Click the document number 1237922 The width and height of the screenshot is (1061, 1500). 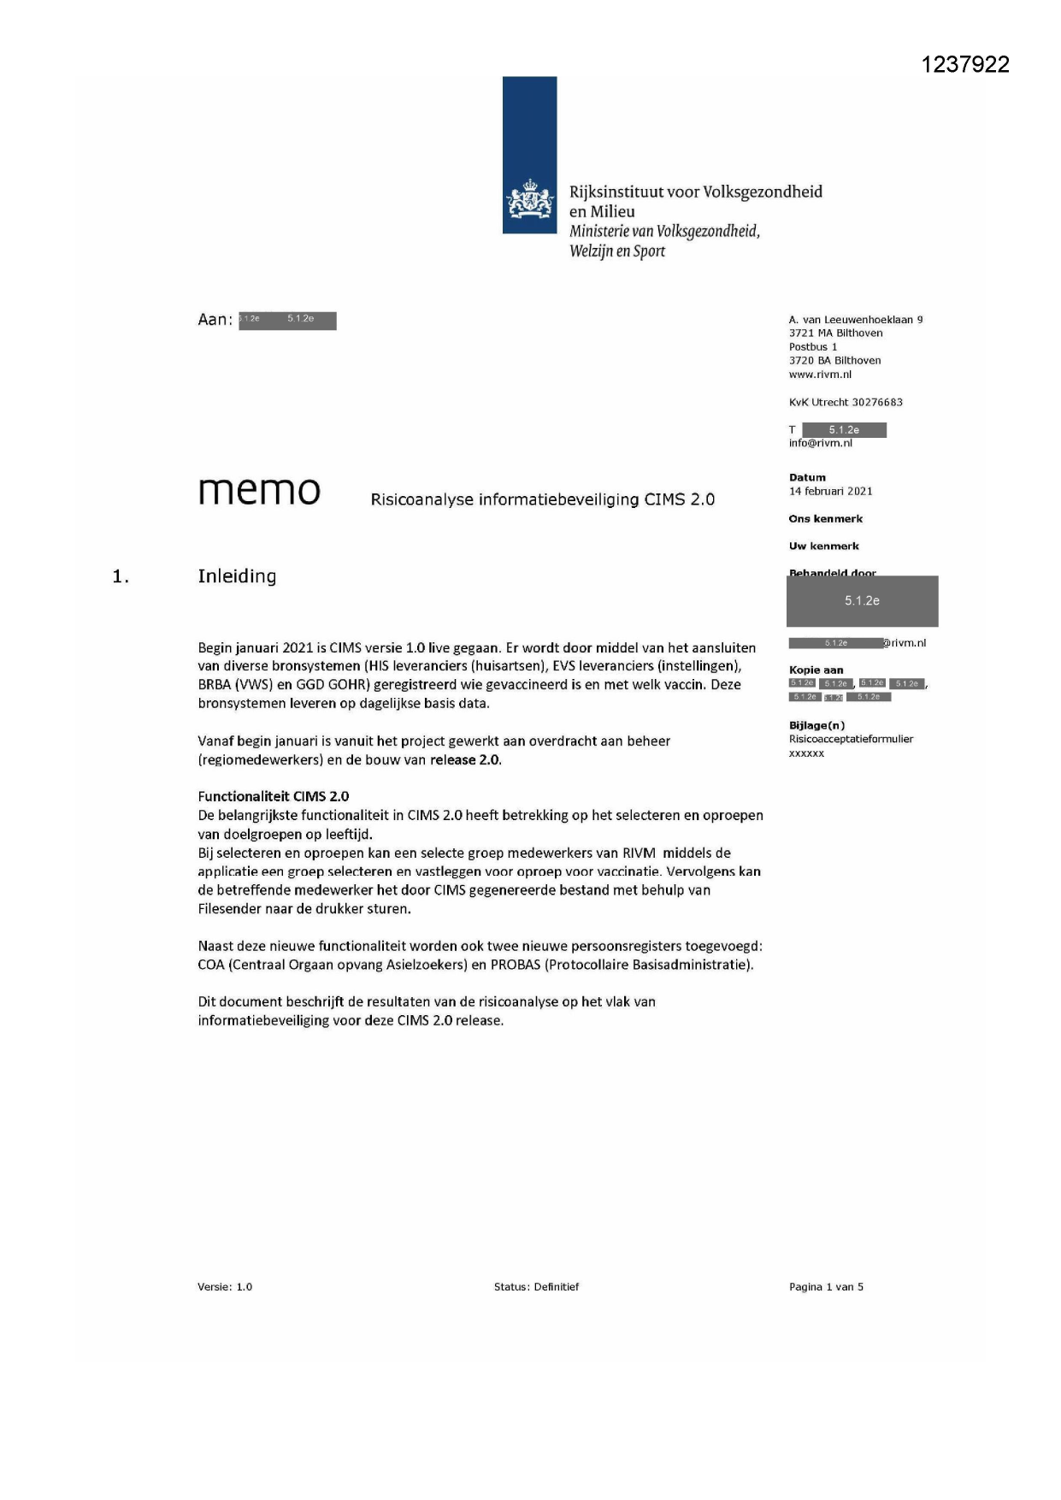point(965,65)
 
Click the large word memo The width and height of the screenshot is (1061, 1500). point(259,491)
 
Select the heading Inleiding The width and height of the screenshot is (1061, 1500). point(237,576)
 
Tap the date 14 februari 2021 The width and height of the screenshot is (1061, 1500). point(830,492)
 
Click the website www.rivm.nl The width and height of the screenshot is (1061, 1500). point(820,375)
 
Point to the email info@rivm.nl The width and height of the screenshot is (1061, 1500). point(820,444)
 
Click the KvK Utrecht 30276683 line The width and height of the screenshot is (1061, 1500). point(845,403)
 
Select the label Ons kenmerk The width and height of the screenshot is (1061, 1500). point(825,519)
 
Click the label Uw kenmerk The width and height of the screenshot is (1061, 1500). point(823,546)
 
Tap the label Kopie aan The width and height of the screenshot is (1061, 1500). point(816,670)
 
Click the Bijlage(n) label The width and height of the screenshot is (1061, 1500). point(816,726)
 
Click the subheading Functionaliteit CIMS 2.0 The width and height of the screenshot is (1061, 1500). point(273,796)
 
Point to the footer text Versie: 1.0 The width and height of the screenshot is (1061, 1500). point(225,1287)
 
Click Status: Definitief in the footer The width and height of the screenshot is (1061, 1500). point(536,1287)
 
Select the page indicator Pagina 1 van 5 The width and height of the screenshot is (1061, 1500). point(826,1287)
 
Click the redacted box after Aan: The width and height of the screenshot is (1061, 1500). point(287,321)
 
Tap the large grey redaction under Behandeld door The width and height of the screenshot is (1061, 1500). point(862,601)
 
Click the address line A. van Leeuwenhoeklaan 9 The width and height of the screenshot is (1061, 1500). point(855,320)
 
